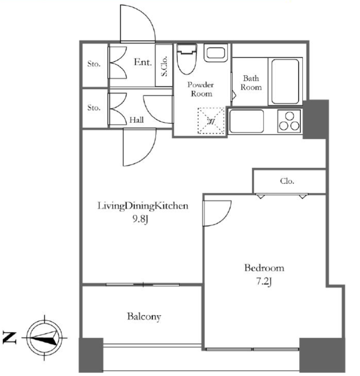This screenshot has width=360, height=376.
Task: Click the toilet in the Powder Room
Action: coord(187,59)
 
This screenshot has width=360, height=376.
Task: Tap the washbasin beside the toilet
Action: coord(216,53)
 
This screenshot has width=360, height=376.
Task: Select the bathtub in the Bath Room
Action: coord(285,81)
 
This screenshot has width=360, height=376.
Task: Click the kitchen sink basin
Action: coord(246,121)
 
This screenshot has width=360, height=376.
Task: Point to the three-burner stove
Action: coord(289,121)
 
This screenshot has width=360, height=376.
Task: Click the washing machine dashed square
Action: coord(211,120)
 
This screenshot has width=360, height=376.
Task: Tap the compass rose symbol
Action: coord(44,338)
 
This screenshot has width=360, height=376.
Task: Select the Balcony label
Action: coord(144,317)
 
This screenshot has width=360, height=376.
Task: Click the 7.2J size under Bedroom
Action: coord(264,282)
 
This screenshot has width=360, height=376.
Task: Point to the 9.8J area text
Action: coord(141,219)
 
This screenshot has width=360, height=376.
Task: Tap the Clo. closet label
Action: coord(287,181)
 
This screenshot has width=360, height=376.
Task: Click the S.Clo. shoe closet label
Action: coord(164,66)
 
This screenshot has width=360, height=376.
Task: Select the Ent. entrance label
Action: coord(143,62)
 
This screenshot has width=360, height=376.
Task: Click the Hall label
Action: coord(136,120)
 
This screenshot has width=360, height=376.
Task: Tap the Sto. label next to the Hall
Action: coord(94,108)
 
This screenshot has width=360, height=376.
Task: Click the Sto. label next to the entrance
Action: coord(94,64)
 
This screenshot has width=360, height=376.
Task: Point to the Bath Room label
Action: coord(251,83)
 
